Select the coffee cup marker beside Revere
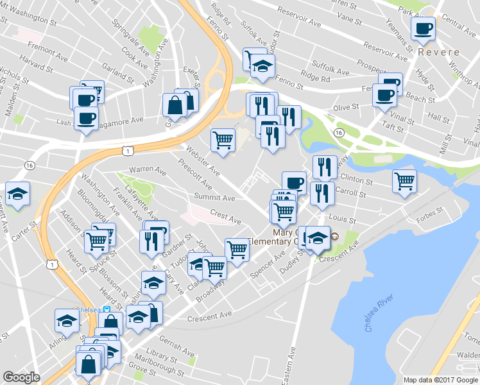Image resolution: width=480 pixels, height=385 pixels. click(x=424, y=29)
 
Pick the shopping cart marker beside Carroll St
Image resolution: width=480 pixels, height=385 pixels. click(x=404, y=182)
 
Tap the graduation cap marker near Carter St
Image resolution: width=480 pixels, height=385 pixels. click(x=18, y=193)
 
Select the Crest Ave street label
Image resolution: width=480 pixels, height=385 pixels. click(x=225, y=218)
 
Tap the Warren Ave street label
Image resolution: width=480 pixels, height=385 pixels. click(x=144, y=169)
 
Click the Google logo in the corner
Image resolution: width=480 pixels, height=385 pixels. click(x=21, y=377)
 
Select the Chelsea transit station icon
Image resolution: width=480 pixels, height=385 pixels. click(x=107, y=309)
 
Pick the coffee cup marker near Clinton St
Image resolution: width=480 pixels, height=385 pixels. click(x=294, y=183)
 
